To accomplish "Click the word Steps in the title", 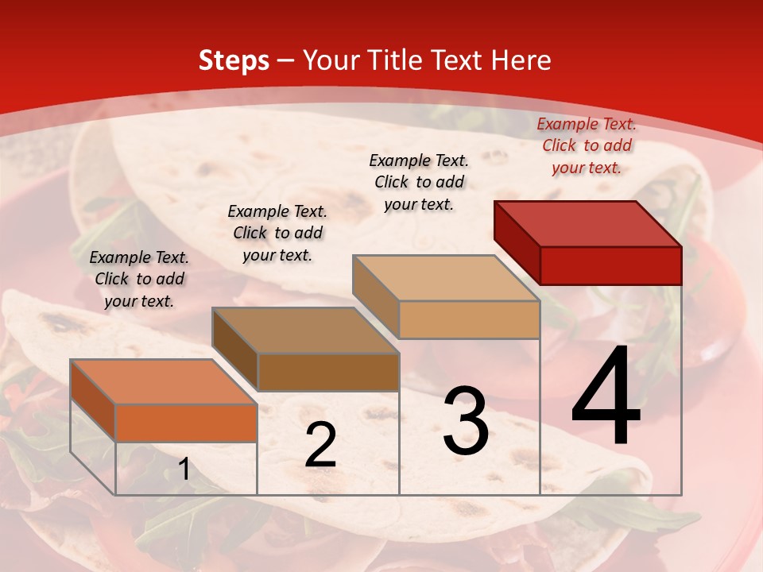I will coord(234,60).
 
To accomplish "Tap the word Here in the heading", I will coord(521,60).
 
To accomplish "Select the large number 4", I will coord(606,397).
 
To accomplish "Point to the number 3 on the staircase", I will coord(466,420).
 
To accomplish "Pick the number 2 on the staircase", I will coord(320,445).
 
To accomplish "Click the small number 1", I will coord(184,470).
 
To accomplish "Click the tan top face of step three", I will coord(446,278).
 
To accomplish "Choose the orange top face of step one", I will coord(164,382).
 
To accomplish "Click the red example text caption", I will coord(587,145).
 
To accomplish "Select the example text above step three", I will coord(419,182).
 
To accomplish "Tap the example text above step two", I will coord(277,233).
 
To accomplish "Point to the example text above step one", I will coord(139,279).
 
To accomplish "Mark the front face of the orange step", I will coord(186,423).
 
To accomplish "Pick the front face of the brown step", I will coord(328,372).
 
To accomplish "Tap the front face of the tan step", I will coord(469,319).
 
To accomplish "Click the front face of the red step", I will coord(610,265).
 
